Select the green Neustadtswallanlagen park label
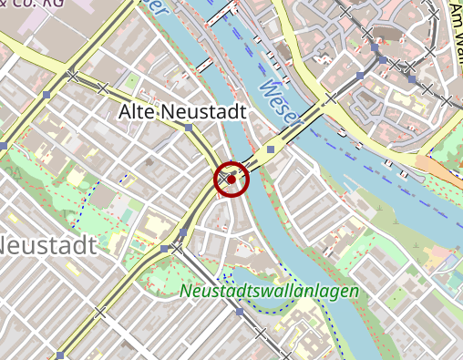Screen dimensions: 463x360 [270, 292]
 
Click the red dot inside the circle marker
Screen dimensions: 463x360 [231, 180]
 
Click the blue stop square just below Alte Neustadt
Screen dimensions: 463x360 [189, 129]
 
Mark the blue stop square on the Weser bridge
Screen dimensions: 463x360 [270, 149]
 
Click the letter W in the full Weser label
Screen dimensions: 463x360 [265, 87]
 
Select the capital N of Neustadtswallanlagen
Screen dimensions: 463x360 [186, 292]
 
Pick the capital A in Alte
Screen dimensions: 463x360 [126, 112]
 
